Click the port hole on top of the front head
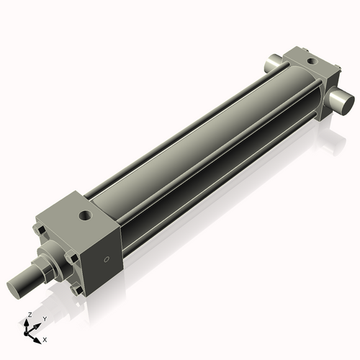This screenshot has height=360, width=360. [86, 215]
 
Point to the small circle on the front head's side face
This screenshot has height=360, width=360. [107, 258]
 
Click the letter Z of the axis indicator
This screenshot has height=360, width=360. [29, 315]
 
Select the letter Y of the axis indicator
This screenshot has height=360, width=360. [44, 318]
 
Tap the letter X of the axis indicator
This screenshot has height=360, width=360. [45, 338]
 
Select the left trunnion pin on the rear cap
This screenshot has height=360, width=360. [276, 63]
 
